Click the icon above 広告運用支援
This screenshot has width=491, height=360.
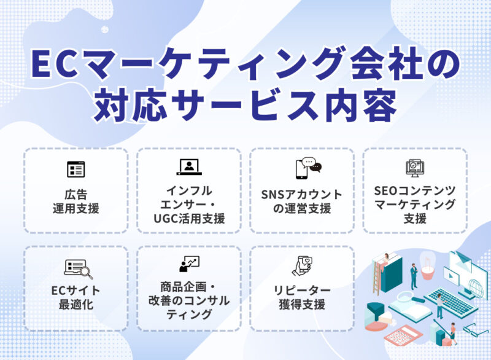tap(75, 169)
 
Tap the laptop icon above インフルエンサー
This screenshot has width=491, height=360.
tap(188, 166)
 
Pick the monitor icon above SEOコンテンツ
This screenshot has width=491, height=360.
tap(414, 168)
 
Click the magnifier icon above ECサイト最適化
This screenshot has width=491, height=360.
tap(78, 268)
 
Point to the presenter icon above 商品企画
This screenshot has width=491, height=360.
tap(188, 264)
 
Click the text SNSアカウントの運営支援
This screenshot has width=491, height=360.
tap(301, 202)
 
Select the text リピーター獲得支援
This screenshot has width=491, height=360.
tap(301, 297)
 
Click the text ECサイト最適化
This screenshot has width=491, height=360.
tap(75, 297)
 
